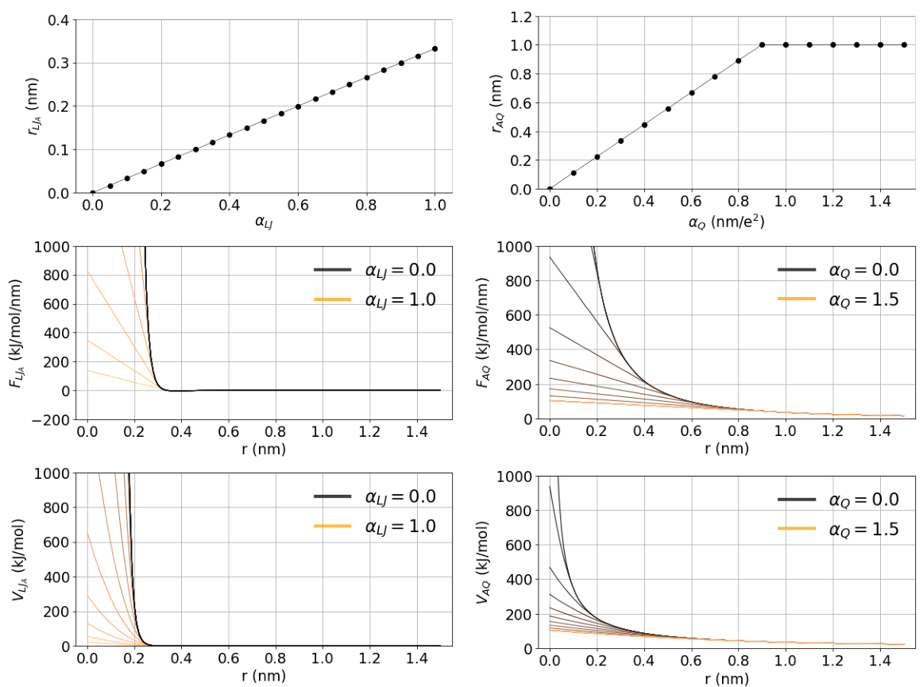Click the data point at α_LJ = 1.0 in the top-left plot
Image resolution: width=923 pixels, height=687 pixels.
point(435,48)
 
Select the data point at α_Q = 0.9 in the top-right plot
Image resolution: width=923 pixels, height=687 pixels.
point(762,44)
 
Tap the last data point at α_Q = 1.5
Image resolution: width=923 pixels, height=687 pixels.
point(904,44)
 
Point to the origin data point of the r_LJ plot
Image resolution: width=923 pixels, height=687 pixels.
point(93,192)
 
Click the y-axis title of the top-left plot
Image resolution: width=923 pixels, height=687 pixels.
point(33,106)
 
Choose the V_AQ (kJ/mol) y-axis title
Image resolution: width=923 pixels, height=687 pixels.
point(483,562)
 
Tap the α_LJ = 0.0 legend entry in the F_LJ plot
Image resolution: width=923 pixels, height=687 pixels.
point(375,270)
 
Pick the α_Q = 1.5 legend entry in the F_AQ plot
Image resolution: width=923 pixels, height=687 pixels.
point(838,300)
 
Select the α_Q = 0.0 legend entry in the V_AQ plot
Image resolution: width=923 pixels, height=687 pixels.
point(838,500)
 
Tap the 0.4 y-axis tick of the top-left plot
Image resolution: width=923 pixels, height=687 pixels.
point(58,19)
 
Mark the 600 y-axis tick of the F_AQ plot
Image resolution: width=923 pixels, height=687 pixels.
point(519,303)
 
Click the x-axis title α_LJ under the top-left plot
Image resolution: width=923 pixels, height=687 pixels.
point(264,222)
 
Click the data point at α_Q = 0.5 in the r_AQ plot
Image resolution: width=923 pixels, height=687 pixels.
point(667,108)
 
